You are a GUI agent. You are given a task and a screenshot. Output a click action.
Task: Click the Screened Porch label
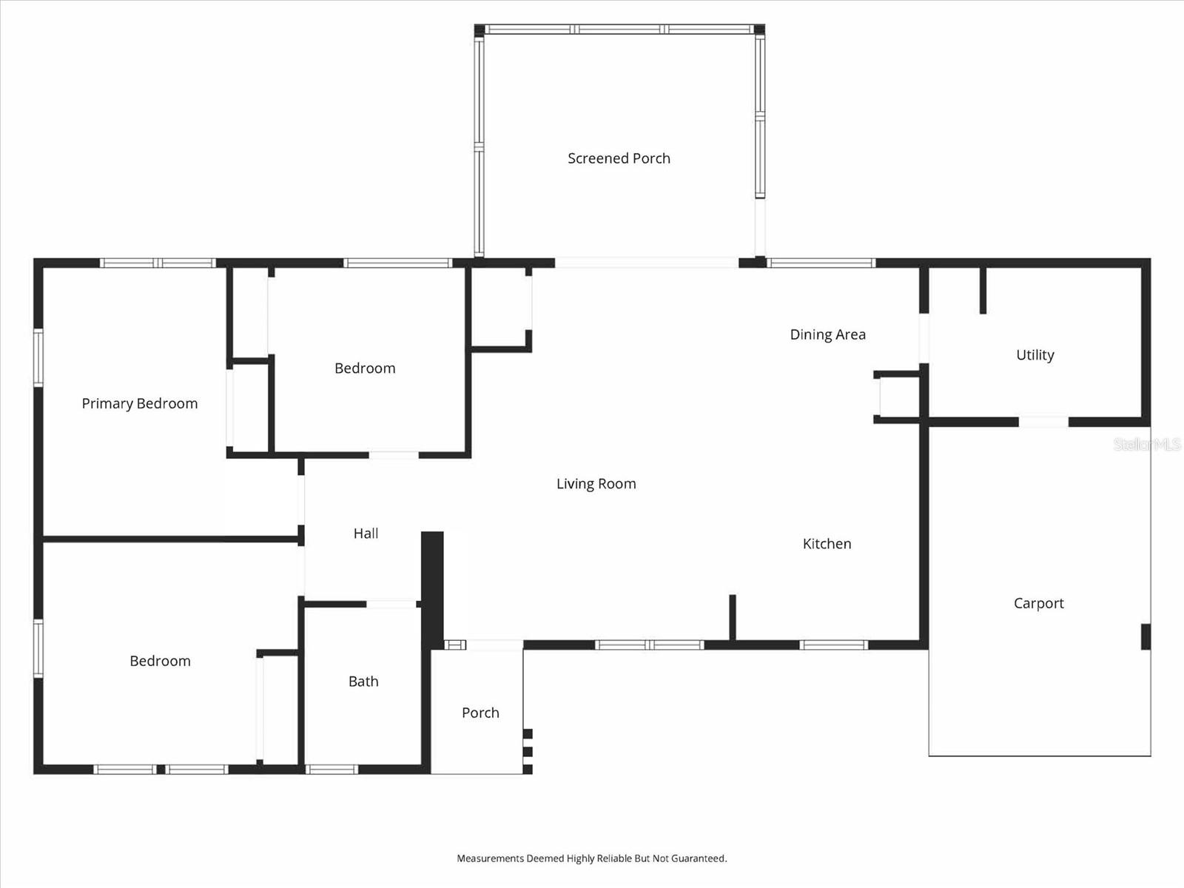click(x=619, y=158)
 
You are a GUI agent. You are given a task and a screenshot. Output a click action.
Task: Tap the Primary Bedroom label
click(x=140, y=403)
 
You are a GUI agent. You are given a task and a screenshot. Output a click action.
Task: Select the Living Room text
click(x=596, y=484)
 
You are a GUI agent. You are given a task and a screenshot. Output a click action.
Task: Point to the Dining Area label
click(x=827, y=334)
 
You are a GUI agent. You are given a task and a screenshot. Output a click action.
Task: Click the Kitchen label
click(x=827, y=544)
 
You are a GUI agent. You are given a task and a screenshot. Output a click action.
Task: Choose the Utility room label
click(x=1035, y=355)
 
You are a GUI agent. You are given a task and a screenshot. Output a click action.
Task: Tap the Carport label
click(x=1038, y=603)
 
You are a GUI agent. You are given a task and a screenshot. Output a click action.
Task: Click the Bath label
click(x=363, y=682)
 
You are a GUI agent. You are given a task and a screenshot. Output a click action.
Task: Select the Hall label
click(x=366, y=534)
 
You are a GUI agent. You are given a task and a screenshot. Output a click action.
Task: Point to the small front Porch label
click(x=480, y=713)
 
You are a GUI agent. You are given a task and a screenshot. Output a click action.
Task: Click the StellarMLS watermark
click(x=1147, y=445)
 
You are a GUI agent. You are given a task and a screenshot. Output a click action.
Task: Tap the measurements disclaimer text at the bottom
click(x=591, y=858)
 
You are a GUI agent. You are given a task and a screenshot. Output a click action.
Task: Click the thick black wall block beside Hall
click(x=432, y=589)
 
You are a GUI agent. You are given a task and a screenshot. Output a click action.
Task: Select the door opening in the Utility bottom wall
click(x=1043, y=422)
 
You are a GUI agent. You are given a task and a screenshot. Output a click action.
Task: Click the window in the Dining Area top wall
click(x=821, y=263)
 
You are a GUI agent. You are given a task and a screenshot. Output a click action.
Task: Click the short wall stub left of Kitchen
click(x=733, y=616)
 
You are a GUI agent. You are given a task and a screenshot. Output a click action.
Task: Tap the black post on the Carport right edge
click(x=1146, y=636)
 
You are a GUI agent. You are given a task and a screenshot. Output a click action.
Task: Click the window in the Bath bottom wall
click(x=332, y=770)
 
